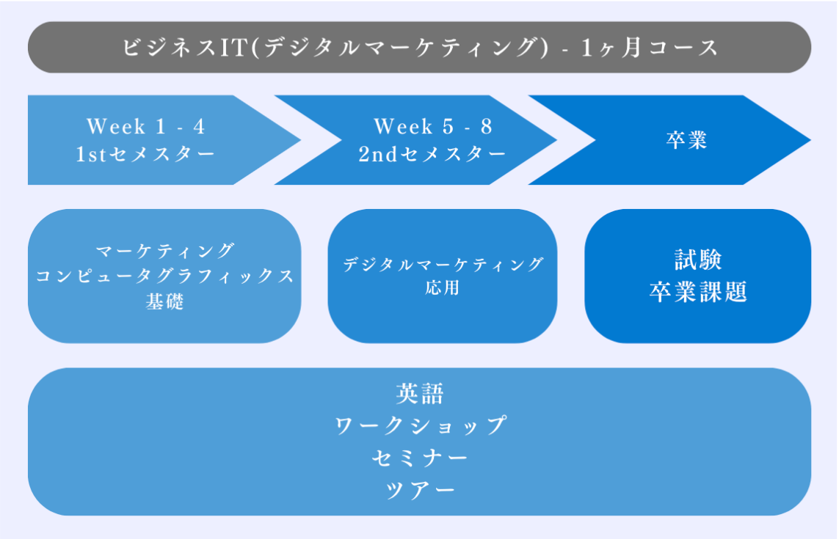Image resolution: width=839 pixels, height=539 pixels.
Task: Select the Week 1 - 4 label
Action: tap(146, 127)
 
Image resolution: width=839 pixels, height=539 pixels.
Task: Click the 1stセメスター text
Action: tap(146, 154)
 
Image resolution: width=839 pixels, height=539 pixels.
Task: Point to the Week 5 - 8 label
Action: tap(432, 127)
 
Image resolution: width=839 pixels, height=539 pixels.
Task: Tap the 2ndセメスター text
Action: tap(432, 154)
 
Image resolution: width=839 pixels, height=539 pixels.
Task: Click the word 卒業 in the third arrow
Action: tap(686, 140)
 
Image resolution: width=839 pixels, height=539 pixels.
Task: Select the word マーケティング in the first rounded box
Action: tap(165, 250)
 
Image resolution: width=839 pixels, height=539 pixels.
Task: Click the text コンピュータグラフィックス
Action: tap(165, 276)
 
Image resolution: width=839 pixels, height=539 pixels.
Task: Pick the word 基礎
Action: tap(165, 301)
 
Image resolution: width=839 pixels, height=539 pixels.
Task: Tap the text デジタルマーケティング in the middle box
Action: tap(443, 264)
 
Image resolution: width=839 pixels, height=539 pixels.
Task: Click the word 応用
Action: tap(442, 288)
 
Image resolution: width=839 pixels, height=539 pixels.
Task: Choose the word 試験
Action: tap(697, 260)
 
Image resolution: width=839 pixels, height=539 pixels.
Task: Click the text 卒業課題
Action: tap(697, 292)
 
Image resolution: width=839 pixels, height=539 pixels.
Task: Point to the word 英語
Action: tap(420, 394)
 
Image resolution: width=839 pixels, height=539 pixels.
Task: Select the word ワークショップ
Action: tap(420, 425)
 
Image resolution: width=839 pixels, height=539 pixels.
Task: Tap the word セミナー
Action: tap(420, 458)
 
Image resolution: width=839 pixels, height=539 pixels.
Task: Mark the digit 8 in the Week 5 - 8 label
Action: tap(485, 127)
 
